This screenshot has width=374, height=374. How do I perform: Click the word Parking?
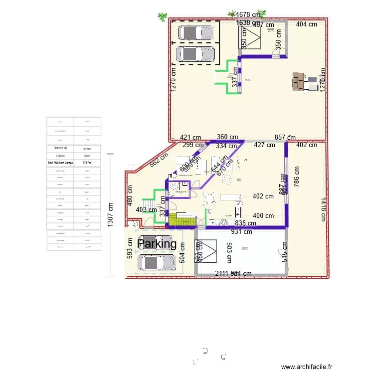pyautogui.click(x=157, y=244)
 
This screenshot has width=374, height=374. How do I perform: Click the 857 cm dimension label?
pyautogui.click(x=285, y=137)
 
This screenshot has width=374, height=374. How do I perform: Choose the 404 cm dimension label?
pyautogui.click(x=308, y=24)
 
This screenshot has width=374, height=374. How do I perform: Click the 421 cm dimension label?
pyautogui.click(x=190, y=138)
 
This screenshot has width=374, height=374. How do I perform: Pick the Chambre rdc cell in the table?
pyautogui.click(x=60, y=148)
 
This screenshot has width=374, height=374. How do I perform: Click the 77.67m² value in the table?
pyautogui.click(x=87, y=163)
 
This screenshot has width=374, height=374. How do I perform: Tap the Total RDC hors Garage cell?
pyautogui.click(x=60, y=163)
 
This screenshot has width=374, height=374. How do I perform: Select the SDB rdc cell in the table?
pyautogui.click(x=60, y=156)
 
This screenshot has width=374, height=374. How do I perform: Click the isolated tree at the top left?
pyautogui.click(x=162, y=17)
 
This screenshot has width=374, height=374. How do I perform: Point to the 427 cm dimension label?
pyautogui.click(x=264, y=145)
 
